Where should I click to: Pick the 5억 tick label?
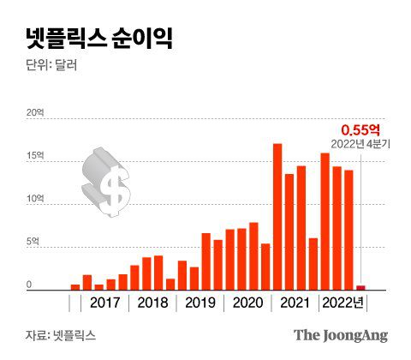[33, 242]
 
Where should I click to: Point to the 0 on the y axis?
[28, 285]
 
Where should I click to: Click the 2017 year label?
[104, 303]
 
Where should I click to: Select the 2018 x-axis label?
[152, 303]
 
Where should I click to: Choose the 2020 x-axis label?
[247, 303]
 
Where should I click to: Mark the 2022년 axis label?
[342, 303]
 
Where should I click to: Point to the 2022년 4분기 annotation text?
[360, 144]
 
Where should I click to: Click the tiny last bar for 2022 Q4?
[360, 288]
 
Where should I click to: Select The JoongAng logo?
[340, 335]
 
